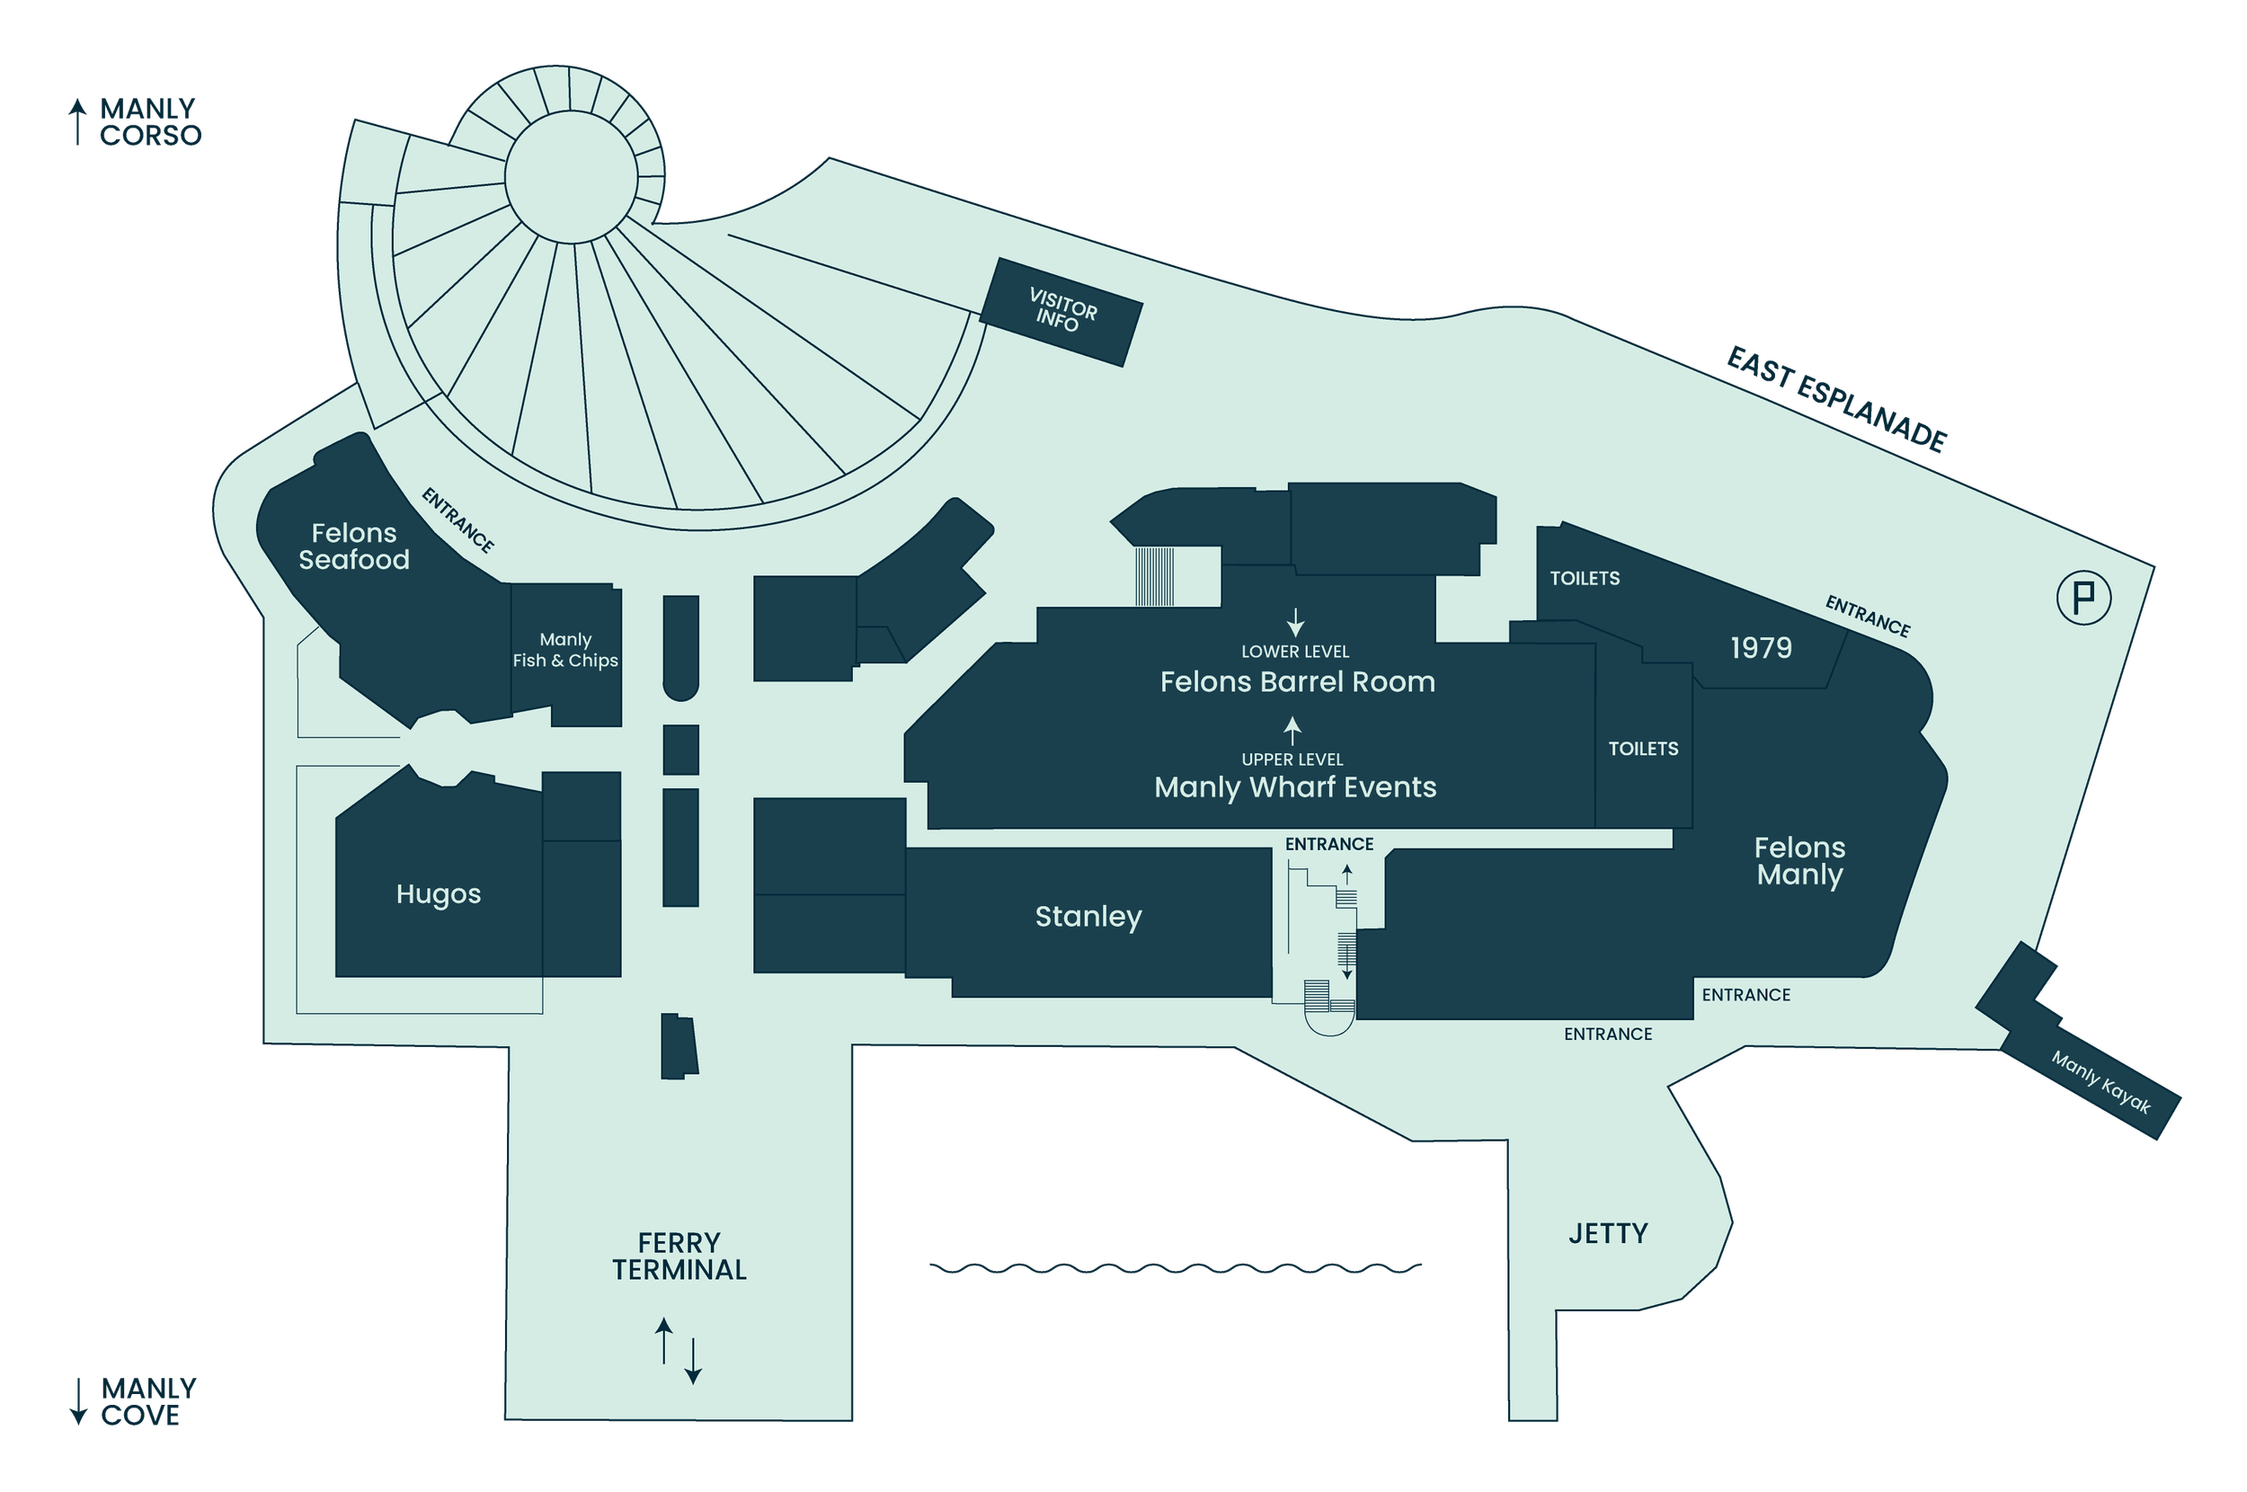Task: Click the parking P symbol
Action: [x=2083, y=598]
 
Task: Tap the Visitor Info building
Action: [x=1061, y=311]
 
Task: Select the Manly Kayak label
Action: [x=2100, y=1082]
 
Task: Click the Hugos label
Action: [x=439, y=894]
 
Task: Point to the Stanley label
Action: [x=1088, y=917]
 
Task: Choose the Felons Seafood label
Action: [x=354, y=546]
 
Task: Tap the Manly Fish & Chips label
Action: [x=565, y=650]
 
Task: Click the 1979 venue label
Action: [x=1761, y=648]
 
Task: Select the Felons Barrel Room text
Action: [x=1298, y=681]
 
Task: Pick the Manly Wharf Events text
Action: [x=1295, y=787]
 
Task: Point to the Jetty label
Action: [x=1608, y=1233]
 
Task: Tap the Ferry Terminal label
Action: [x=679, y=1256]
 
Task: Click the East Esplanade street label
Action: [x=1837, y=399]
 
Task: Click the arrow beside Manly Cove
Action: [x=79, y=1400]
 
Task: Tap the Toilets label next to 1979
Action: [x=1585, y=579]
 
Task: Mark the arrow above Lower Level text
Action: [x=1295, y=622]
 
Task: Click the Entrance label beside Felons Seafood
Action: [x=457, y=520]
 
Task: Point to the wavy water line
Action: [x=1175, y=1268]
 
